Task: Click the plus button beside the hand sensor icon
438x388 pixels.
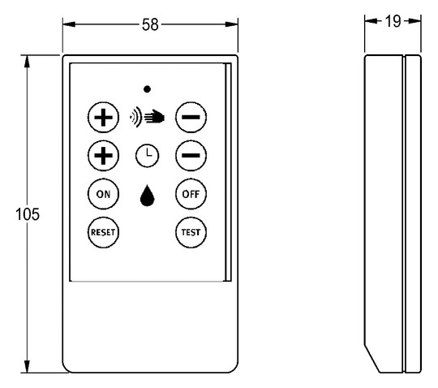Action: pos(103,117)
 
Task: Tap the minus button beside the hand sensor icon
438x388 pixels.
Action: pos(191,117)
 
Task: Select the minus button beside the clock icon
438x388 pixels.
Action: pos(191,155)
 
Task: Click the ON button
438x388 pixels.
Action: pos(103,194)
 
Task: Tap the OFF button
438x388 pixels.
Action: pos(191,194)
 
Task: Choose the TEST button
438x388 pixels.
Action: pos(191,232)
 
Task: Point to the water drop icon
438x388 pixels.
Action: pos(147,196)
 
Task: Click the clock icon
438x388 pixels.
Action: pos(147,156)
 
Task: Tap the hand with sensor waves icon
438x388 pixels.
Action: pos(147,117)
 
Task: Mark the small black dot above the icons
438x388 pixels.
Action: pos(147,89)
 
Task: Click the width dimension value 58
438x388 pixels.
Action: pos(150,24)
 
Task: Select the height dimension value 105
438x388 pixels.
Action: pos(28,214)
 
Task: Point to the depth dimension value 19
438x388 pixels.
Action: pos(393,21)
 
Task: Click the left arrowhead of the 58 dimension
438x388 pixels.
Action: pos(69,24)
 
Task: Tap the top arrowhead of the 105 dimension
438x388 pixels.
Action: pos(27,62)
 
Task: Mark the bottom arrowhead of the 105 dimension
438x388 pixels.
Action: pos(27,366)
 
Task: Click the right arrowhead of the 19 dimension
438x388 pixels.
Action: pos(414,21)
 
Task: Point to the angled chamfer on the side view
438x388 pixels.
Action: pos(371,358)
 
